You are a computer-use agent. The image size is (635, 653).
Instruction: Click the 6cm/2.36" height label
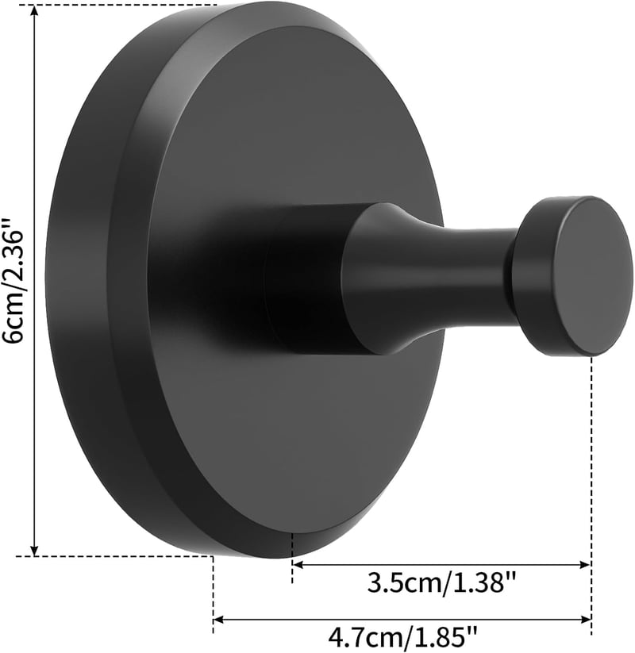13,280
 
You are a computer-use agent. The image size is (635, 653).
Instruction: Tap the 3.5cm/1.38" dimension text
441,583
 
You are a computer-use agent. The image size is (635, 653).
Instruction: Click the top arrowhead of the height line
36,11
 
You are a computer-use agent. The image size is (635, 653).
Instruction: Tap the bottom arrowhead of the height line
36,549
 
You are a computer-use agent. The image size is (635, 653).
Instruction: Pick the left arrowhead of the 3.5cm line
298,565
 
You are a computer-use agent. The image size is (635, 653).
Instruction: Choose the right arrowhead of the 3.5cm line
585,565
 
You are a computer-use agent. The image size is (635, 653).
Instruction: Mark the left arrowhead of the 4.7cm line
219,620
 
